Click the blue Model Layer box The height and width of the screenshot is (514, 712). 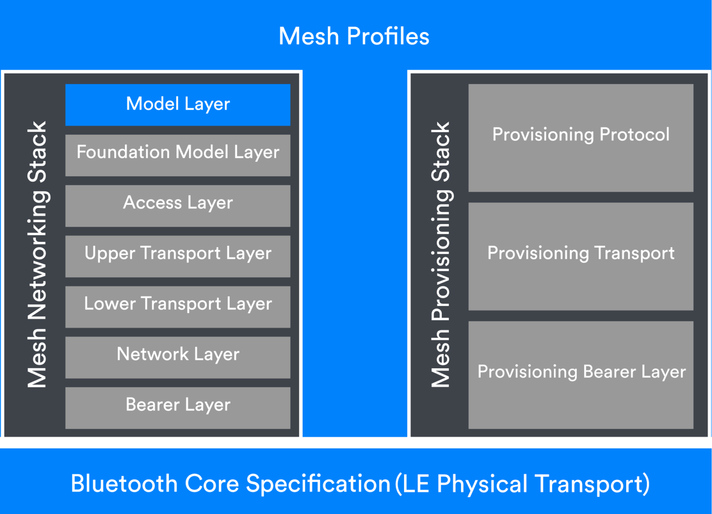click(x=178, y=105)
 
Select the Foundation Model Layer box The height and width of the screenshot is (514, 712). click(x=178, y=155)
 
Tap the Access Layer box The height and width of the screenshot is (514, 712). click(x=178, y=205)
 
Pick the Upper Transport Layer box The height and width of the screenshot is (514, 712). click(x=178, y=256)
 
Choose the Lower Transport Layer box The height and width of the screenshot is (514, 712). click(x=178, y=306)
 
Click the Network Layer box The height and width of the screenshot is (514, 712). click(x=178, y=357)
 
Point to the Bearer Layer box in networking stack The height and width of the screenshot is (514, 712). click(x=178, y=407)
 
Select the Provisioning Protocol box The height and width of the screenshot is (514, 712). click(x=581, y=138)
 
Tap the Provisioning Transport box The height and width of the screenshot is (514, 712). click(x=581, y=256)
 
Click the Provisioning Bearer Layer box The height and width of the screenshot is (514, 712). click(x=581, y=375)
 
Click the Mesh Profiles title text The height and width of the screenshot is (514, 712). click(x=354, y=36)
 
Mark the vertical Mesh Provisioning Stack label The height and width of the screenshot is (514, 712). click(x=441, y=254)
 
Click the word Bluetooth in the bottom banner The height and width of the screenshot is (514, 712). click(x=124, y=484)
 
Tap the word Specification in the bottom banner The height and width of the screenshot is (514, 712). click(x=318, y=484)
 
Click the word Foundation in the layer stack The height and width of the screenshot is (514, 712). click(x=123, y=152)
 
